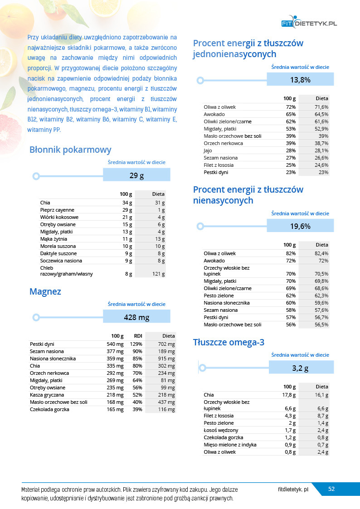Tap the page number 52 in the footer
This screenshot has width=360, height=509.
click(331, 489)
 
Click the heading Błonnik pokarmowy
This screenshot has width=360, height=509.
click(70, 150)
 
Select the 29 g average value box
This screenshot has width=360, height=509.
click(136, 175)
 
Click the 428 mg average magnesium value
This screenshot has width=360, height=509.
click(136, 317)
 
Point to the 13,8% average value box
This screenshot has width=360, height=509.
click(300, 80)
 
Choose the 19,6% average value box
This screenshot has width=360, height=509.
click(300, 226)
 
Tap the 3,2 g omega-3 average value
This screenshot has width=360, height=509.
click(300, 368)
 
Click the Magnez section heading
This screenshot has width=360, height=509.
click(45, 291)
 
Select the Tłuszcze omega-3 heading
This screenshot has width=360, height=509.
click(229, 342)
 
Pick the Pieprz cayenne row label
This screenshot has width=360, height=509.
click(57, 210)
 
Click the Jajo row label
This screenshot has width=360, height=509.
click(208, 150)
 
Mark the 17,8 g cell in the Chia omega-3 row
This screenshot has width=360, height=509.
click(289, 395)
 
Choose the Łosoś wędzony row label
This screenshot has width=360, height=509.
click(221, 430)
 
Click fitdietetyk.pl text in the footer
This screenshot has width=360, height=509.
click(293, 490)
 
